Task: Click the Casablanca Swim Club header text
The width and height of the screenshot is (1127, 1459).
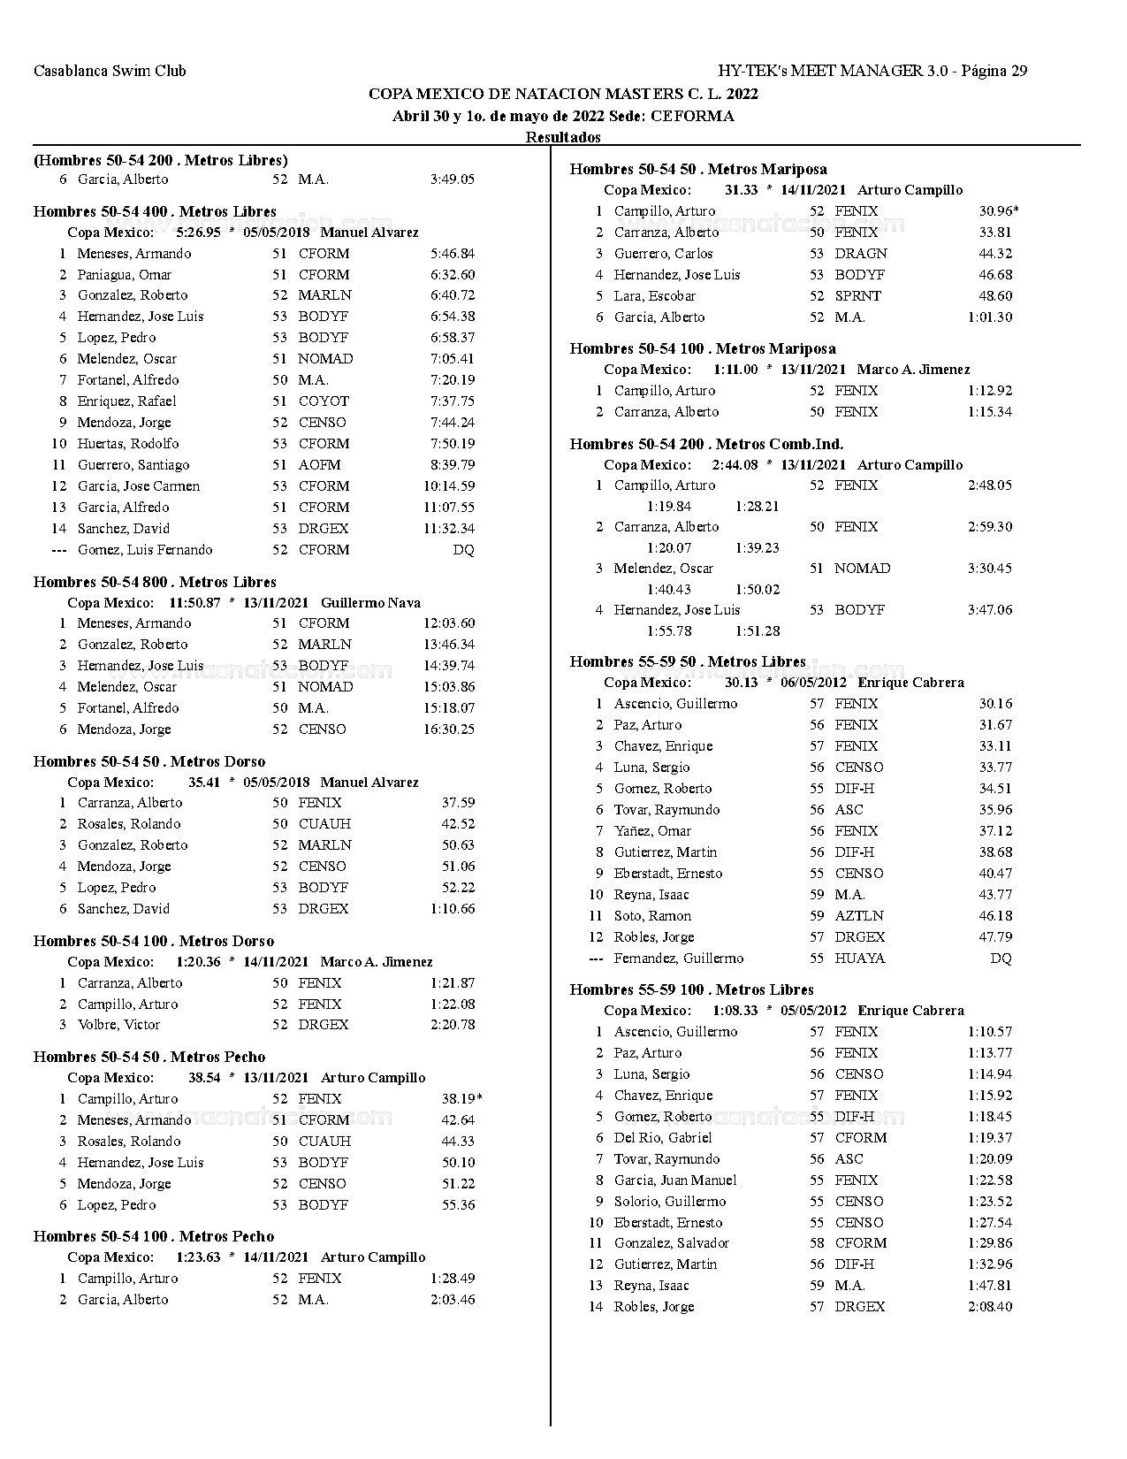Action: click(110, 71)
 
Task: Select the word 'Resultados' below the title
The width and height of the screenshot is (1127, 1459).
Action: click(563, 137)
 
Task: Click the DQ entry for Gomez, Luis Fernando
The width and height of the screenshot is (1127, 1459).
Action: click(463, 550)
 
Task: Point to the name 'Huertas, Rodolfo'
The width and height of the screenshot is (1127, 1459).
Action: click(128, 444)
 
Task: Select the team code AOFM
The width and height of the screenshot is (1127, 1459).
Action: click(319, 465)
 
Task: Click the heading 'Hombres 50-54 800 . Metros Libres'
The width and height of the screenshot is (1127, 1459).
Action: click(155, 583)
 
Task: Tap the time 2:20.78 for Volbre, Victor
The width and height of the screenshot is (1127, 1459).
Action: click(453, 1025)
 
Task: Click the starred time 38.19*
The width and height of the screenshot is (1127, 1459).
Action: click(461, 1099)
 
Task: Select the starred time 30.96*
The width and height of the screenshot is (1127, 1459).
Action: click(999, 211)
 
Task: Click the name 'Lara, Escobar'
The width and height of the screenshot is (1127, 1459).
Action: click(655, 296)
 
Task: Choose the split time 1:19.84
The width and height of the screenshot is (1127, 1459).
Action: click(669, 507)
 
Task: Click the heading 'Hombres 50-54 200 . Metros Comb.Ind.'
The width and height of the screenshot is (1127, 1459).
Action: click(706, 444)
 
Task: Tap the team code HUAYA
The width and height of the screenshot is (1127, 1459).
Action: click(859, 959)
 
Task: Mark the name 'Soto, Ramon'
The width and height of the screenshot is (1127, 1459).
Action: click(652, 916)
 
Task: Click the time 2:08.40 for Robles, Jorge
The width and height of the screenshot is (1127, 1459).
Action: click(990, 1307)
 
